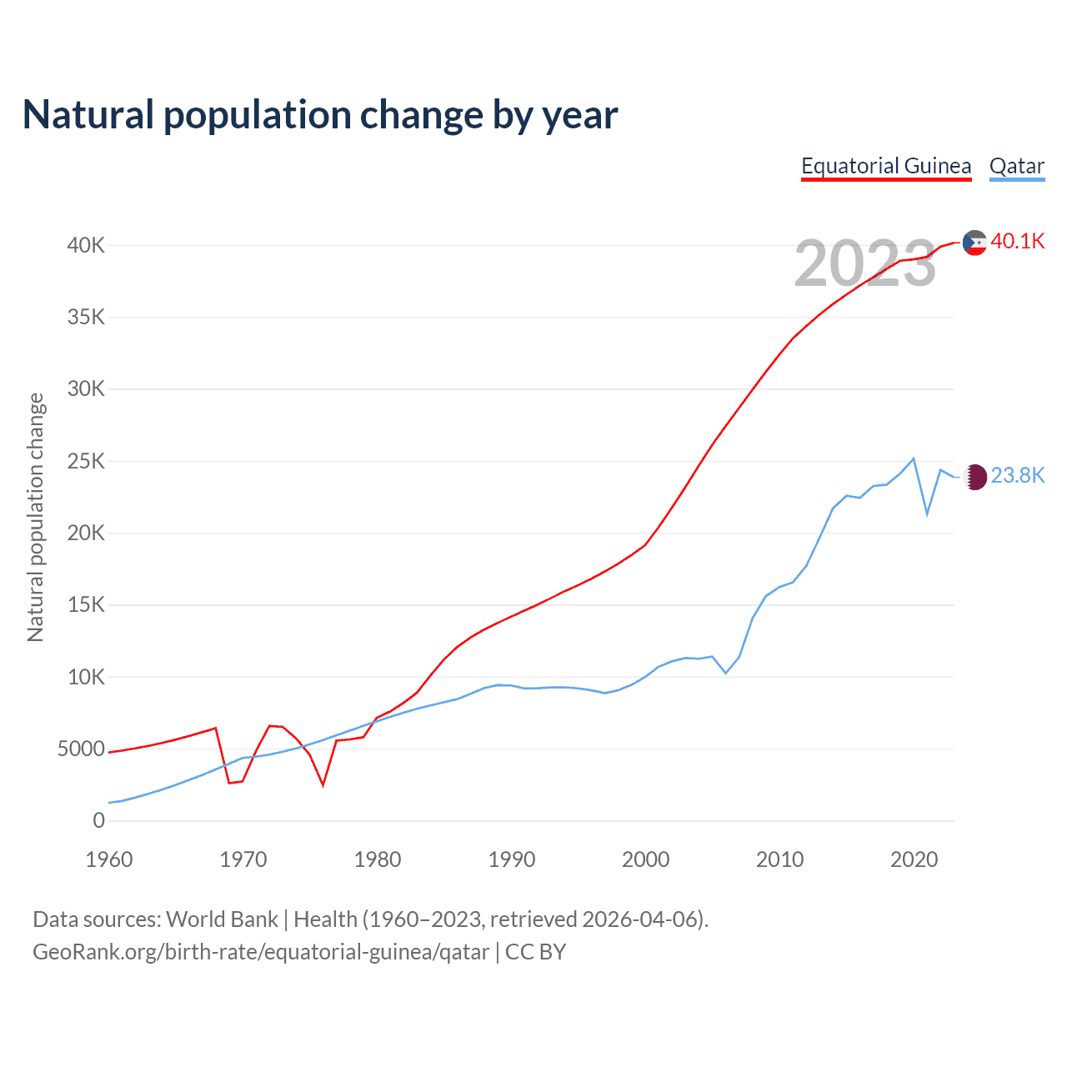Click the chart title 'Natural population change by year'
320,115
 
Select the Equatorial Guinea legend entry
886,166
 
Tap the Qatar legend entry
1017,166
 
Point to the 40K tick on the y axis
87,245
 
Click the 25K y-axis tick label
87,461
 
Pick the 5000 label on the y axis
82,749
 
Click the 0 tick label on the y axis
99,820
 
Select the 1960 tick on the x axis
109,859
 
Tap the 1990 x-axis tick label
512,859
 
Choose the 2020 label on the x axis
914,859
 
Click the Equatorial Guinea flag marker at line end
974,243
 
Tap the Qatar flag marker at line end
974,477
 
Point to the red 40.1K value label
1018,241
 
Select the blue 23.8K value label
1018,475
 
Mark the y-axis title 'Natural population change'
35,517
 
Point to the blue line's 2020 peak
914,458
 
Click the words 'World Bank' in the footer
222,919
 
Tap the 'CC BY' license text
536,952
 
